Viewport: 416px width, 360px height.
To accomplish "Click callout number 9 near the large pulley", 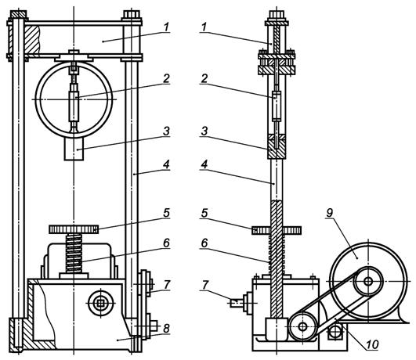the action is tap(329, 213).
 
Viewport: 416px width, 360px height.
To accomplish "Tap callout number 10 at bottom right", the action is tap(372, 344).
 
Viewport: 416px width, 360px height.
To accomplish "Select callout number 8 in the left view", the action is tap(166, 329).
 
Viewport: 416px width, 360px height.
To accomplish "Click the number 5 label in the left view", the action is tap(166, 213).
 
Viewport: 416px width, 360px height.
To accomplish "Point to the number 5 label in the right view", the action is tap(204, 213).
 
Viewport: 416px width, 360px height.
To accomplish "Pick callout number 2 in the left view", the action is tap(166, 78).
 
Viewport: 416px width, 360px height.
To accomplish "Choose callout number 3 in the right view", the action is tap(204, 131).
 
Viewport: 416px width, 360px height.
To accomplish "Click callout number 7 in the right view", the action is tap(204, 285).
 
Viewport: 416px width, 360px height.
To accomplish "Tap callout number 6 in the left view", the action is tap(166, 243).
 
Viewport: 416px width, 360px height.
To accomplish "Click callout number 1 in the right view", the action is tap(204, 27).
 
